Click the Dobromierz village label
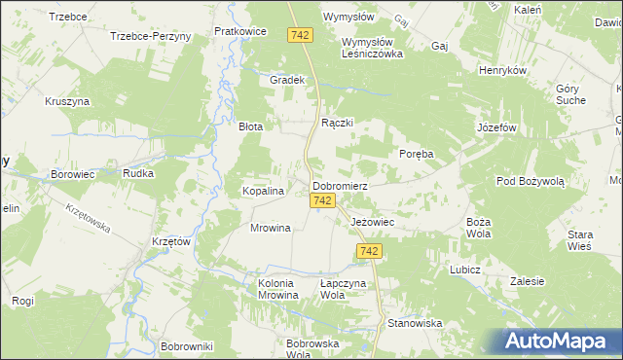click(x=339, y=185)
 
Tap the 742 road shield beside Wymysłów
click(x=300, y=35)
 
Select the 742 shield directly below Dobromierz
click(x=325, y=200)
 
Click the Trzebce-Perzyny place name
click(x=151, y=35)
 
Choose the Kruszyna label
click(x=67, y=100)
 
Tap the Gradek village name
click(x=288, y=80)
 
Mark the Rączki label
click(x=337, y=124)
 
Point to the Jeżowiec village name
click(x=371, y=222)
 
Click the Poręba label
click(x=417, y=155)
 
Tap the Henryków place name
click(x=502, y=71)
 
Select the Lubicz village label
click(x=465, y=268)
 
